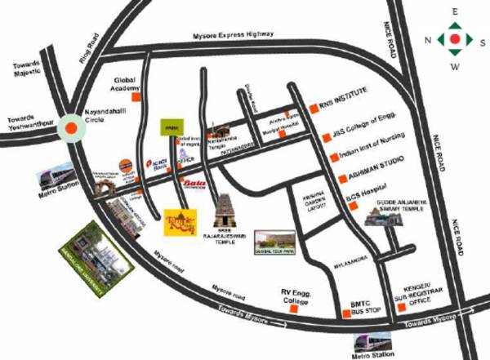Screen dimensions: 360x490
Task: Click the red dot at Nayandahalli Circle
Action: tap(72, 127)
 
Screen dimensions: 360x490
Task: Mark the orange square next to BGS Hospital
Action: tap(352, 206)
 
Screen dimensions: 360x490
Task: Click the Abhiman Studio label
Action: tap(375, 177)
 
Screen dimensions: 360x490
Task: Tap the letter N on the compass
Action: tap(426, 38)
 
